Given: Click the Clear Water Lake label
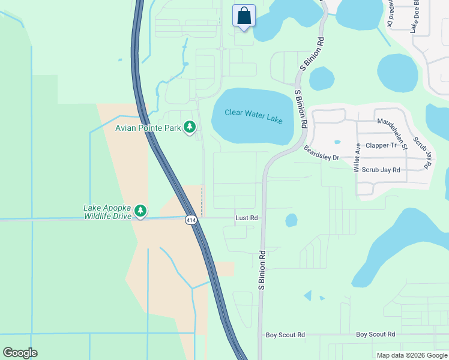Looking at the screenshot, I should tap(253, 116).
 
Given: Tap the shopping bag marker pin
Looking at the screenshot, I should tap(244, 16).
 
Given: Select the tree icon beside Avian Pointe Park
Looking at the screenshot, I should tap(190, 127).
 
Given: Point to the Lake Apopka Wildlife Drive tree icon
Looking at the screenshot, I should tap(140, 211).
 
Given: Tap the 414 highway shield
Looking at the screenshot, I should tap(190, 221).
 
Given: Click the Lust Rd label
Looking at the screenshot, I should tap(246, 218).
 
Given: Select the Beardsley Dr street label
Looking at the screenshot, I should tap(321, 153).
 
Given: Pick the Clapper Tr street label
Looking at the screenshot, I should tap(382, 145).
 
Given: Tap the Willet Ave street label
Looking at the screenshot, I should tap(358, 157).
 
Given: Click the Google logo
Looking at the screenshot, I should tap(20, 353).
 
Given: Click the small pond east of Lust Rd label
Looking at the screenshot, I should tap(291, 220).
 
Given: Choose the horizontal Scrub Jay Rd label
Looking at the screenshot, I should tap(382, 170).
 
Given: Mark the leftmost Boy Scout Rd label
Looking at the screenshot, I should tap(285, 335).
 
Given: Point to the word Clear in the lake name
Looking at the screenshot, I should tap(235, 112).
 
